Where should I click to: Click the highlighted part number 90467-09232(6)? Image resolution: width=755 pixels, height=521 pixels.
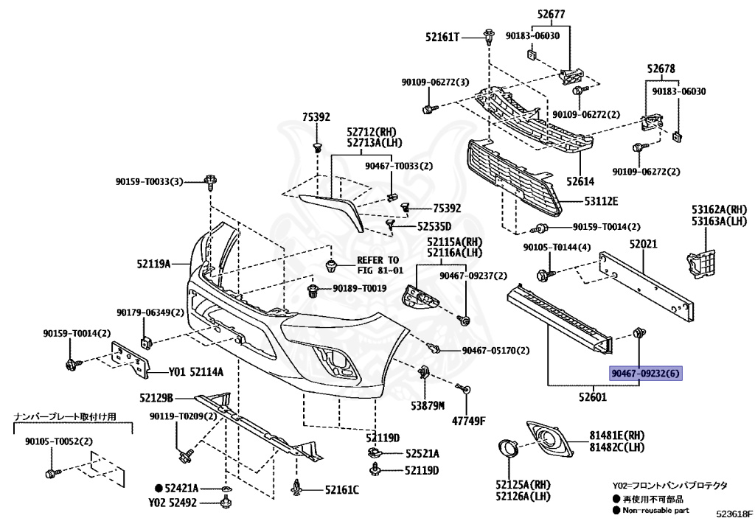(646, 373)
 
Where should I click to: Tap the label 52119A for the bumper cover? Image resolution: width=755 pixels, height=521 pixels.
(153, 264)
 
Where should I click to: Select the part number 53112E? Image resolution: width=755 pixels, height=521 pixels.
(602, 201)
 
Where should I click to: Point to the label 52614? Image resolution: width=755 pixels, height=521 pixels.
(580, 181)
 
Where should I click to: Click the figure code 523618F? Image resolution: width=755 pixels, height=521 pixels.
(734, 514)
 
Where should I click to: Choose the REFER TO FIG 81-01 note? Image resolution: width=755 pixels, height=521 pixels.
(380, 265)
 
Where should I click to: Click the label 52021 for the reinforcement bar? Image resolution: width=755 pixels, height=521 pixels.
(643, 244)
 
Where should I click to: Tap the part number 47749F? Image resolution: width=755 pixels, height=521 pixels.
(468, 422)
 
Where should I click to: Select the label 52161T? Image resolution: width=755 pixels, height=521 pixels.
(442, 37)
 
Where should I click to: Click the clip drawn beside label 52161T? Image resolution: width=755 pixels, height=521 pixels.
(490, 37)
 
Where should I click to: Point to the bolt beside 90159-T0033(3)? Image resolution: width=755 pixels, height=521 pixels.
(211, 183)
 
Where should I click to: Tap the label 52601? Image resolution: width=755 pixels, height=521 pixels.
(593, 397)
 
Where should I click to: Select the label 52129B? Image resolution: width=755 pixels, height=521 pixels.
(156, 398)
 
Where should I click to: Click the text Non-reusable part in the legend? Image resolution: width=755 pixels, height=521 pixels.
(655, 510)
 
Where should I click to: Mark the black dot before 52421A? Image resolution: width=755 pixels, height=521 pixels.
(159, 489)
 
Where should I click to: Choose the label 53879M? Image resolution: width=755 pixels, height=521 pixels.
(428, 406)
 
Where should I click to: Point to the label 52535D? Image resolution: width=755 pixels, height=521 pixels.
(434, 226)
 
